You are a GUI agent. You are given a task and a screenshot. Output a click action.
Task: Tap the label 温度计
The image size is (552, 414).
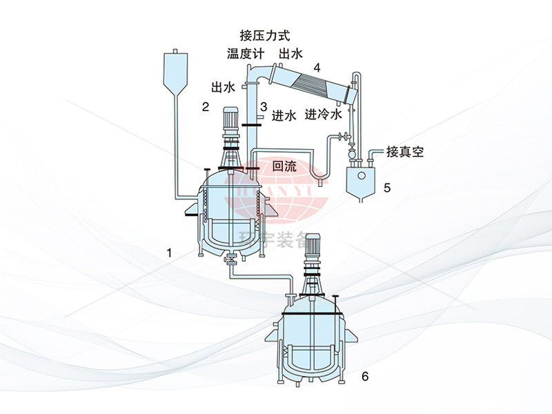[x=246, y=54]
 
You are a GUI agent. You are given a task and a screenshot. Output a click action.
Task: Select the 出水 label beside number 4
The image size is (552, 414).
[x=291, y=54]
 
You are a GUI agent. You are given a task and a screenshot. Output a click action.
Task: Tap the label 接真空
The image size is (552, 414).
[x=405, y=151]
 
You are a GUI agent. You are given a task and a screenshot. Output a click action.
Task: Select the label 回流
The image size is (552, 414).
[x=284, y=166]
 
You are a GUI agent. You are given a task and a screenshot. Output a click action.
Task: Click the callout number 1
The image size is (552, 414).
[x=169, y=253]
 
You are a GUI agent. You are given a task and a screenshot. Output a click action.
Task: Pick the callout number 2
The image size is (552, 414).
[x=205, y=106]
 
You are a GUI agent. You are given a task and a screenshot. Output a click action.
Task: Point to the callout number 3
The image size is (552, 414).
[x=264, y=106]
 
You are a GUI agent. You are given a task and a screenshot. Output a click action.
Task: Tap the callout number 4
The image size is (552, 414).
[x=317, y=68]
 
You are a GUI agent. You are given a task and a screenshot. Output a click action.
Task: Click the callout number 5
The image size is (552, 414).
[x=387, y=187]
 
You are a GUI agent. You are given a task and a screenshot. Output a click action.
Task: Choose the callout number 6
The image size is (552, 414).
[x=365, y=376]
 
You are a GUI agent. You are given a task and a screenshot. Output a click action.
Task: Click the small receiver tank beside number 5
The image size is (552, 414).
[x=359, y=181]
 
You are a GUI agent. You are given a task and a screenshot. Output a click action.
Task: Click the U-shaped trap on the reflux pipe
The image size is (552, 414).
[x=319, y=178]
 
